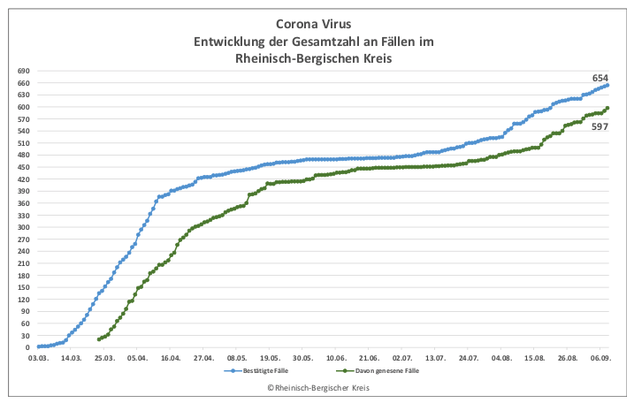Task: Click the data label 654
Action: click(x=600, y=78)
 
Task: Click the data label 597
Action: click(x=600, y=126)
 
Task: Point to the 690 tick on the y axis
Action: click(x=24, y=71)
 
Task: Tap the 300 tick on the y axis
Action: click(x=24, y=227)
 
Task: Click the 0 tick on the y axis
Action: click(x=27, y=347)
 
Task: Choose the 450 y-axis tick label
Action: click(x=24, y=167)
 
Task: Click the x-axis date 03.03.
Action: click(x=38, y=359)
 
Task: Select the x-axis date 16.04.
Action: click(x=171, y=359)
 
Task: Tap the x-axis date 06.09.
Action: click(x=600, y=359)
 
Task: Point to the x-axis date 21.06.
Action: click(x=369, y=359)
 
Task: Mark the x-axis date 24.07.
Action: click(x=469, y=359)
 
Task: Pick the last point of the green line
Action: click(x=607, y=108)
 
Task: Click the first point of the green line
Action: click(x=99, y=339)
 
